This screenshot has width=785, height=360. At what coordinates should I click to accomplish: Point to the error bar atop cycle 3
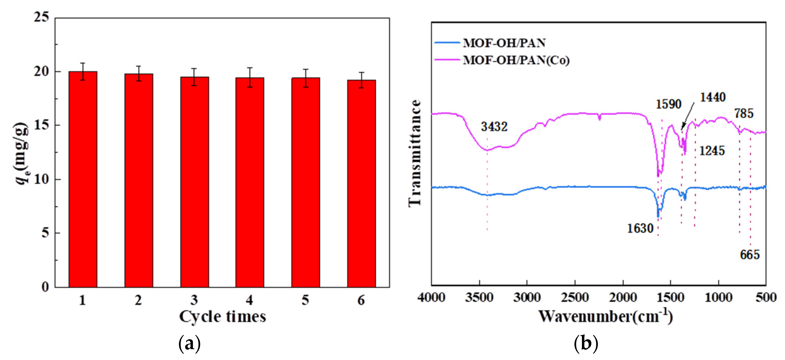[194, 77]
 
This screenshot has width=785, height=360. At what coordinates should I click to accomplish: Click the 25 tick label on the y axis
[41, 17]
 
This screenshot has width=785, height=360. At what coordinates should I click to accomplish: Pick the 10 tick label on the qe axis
[41, 179]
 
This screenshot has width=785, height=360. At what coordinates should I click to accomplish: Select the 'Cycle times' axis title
[222, 317]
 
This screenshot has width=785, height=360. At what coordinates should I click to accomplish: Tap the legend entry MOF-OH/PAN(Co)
[516, 60]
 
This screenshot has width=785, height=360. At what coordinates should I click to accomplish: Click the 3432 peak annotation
[494, 127]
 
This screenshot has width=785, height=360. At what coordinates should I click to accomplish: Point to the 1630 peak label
[640, 228]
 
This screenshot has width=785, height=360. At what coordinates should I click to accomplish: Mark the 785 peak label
[744, 113]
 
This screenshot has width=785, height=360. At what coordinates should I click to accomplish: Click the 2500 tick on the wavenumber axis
[575, 297]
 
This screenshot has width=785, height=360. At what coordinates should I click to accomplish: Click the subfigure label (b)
[586, 344]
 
